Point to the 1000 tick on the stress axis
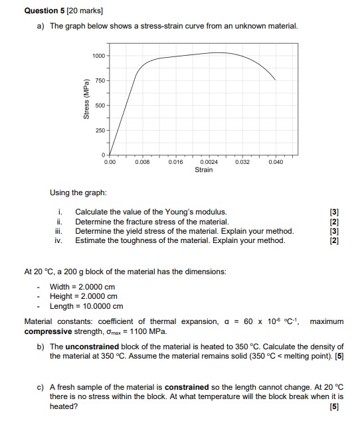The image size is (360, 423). click(x=98, y=55)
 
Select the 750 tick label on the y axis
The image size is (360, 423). click(x=100, y=80)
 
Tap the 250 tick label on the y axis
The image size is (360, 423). click(x=100, y=130)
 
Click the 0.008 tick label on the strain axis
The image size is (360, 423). click(x=143, y=161)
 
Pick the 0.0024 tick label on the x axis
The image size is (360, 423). click(x=208, y=161)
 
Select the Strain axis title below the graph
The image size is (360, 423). click(x=204, y=170)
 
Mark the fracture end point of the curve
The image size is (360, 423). click(x=276, y=80)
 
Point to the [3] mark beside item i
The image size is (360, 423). click(x=333, y=212)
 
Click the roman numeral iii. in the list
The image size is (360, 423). click(x=59, y=231)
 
